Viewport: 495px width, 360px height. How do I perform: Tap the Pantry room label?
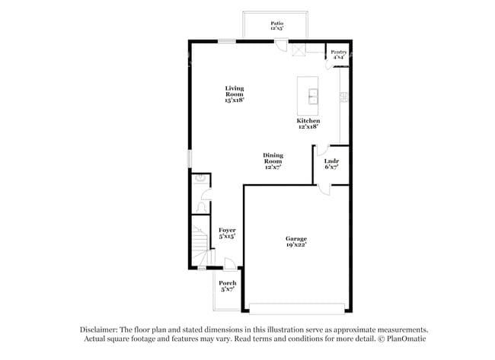(x=338, y=54)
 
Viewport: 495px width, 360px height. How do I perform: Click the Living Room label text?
(x=234, y=94)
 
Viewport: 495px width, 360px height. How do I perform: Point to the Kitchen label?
(x=308, y=123)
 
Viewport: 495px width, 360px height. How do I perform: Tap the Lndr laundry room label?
(x=331, y=163)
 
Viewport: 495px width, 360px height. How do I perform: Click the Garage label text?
(x=296, y=241)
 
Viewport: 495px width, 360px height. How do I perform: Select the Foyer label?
(x=227, y=232)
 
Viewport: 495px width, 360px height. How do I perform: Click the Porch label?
(x=228, y=285)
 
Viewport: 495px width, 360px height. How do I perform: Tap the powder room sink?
(x=200, y=179)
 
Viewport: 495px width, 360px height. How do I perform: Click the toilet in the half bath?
(x=202, y=205)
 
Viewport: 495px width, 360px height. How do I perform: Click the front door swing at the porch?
(x=228, y=263)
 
